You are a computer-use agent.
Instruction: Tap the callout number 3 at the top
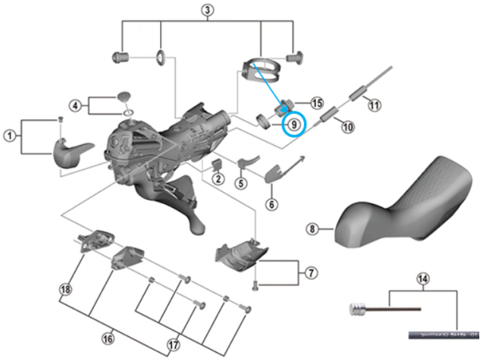(x=208, y=10)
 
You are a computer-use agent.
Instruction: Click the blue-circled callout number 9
(x=294, y=124)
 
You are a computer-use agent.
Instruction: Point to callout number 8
(x=313, y=230)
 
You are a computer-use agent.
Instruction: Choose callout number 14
(x=423, y=278)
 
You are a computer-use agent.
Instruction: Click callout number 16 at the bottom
(x=107, y=338)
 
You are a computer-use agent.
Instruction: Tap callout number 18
(x=65, y=288)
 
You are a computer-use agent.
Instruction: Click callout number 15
(x=317, y=103)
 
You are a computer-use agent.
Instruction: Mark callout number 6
(x=271, y=205)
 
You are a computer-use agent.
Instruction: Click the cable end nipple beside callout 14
(x=356, y=308)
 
